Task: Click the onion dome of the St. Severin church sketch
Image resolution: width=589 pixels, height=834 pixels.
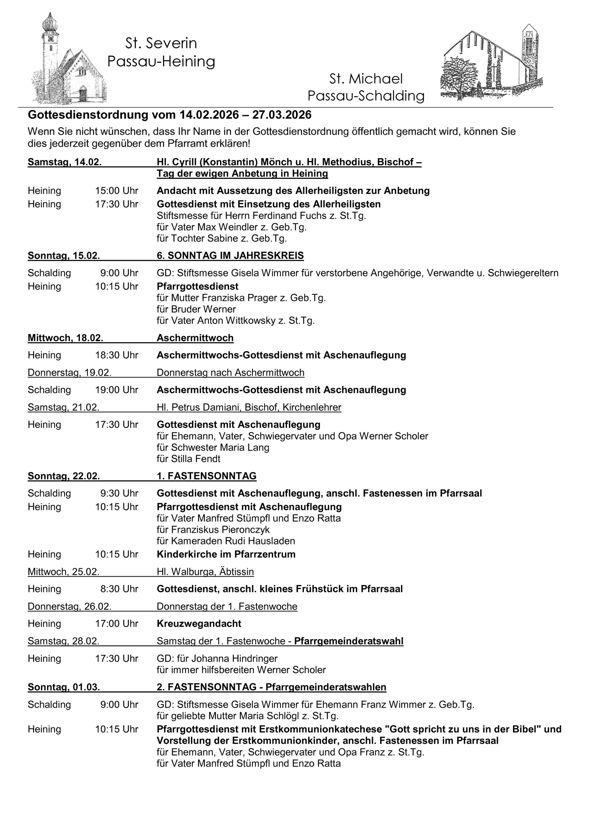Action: tap(50, 23)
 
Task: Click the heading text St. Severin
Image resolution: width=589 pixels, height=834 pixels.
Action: tap(161, 44)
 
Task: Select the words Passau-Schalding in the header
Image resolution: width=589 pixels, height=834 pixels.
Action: tap(366, 96)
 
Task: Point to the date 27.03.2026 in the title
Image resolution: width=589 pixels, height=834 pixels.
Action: tap(282, 115)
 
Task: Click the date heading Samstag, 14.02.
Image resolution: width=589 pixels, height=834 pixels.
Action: tap(65, 162)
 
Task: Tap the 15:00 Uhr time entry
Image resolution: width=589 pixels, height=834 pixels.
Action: tap(116, 191)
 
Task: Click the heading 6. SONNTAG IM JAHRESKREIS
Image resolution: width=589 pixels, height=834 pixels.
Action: tap(230, 256)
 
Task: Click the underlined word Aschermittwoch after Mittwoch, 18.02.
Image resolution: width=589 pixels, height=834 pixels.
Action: tap(195, 338)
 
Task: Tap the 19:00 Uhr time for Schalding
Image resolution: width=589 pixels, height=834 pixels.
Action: tap(116, 390)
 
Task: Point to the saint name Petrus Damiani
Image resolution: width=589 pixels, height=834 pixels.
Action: tap(207, 408)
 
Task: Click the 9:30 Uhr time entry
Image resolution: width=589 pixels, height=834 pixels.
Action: tap(119, 494)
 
